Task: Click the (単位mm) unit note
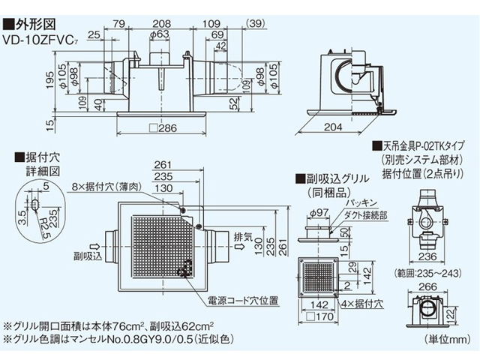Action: click(x=448, y=338)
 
